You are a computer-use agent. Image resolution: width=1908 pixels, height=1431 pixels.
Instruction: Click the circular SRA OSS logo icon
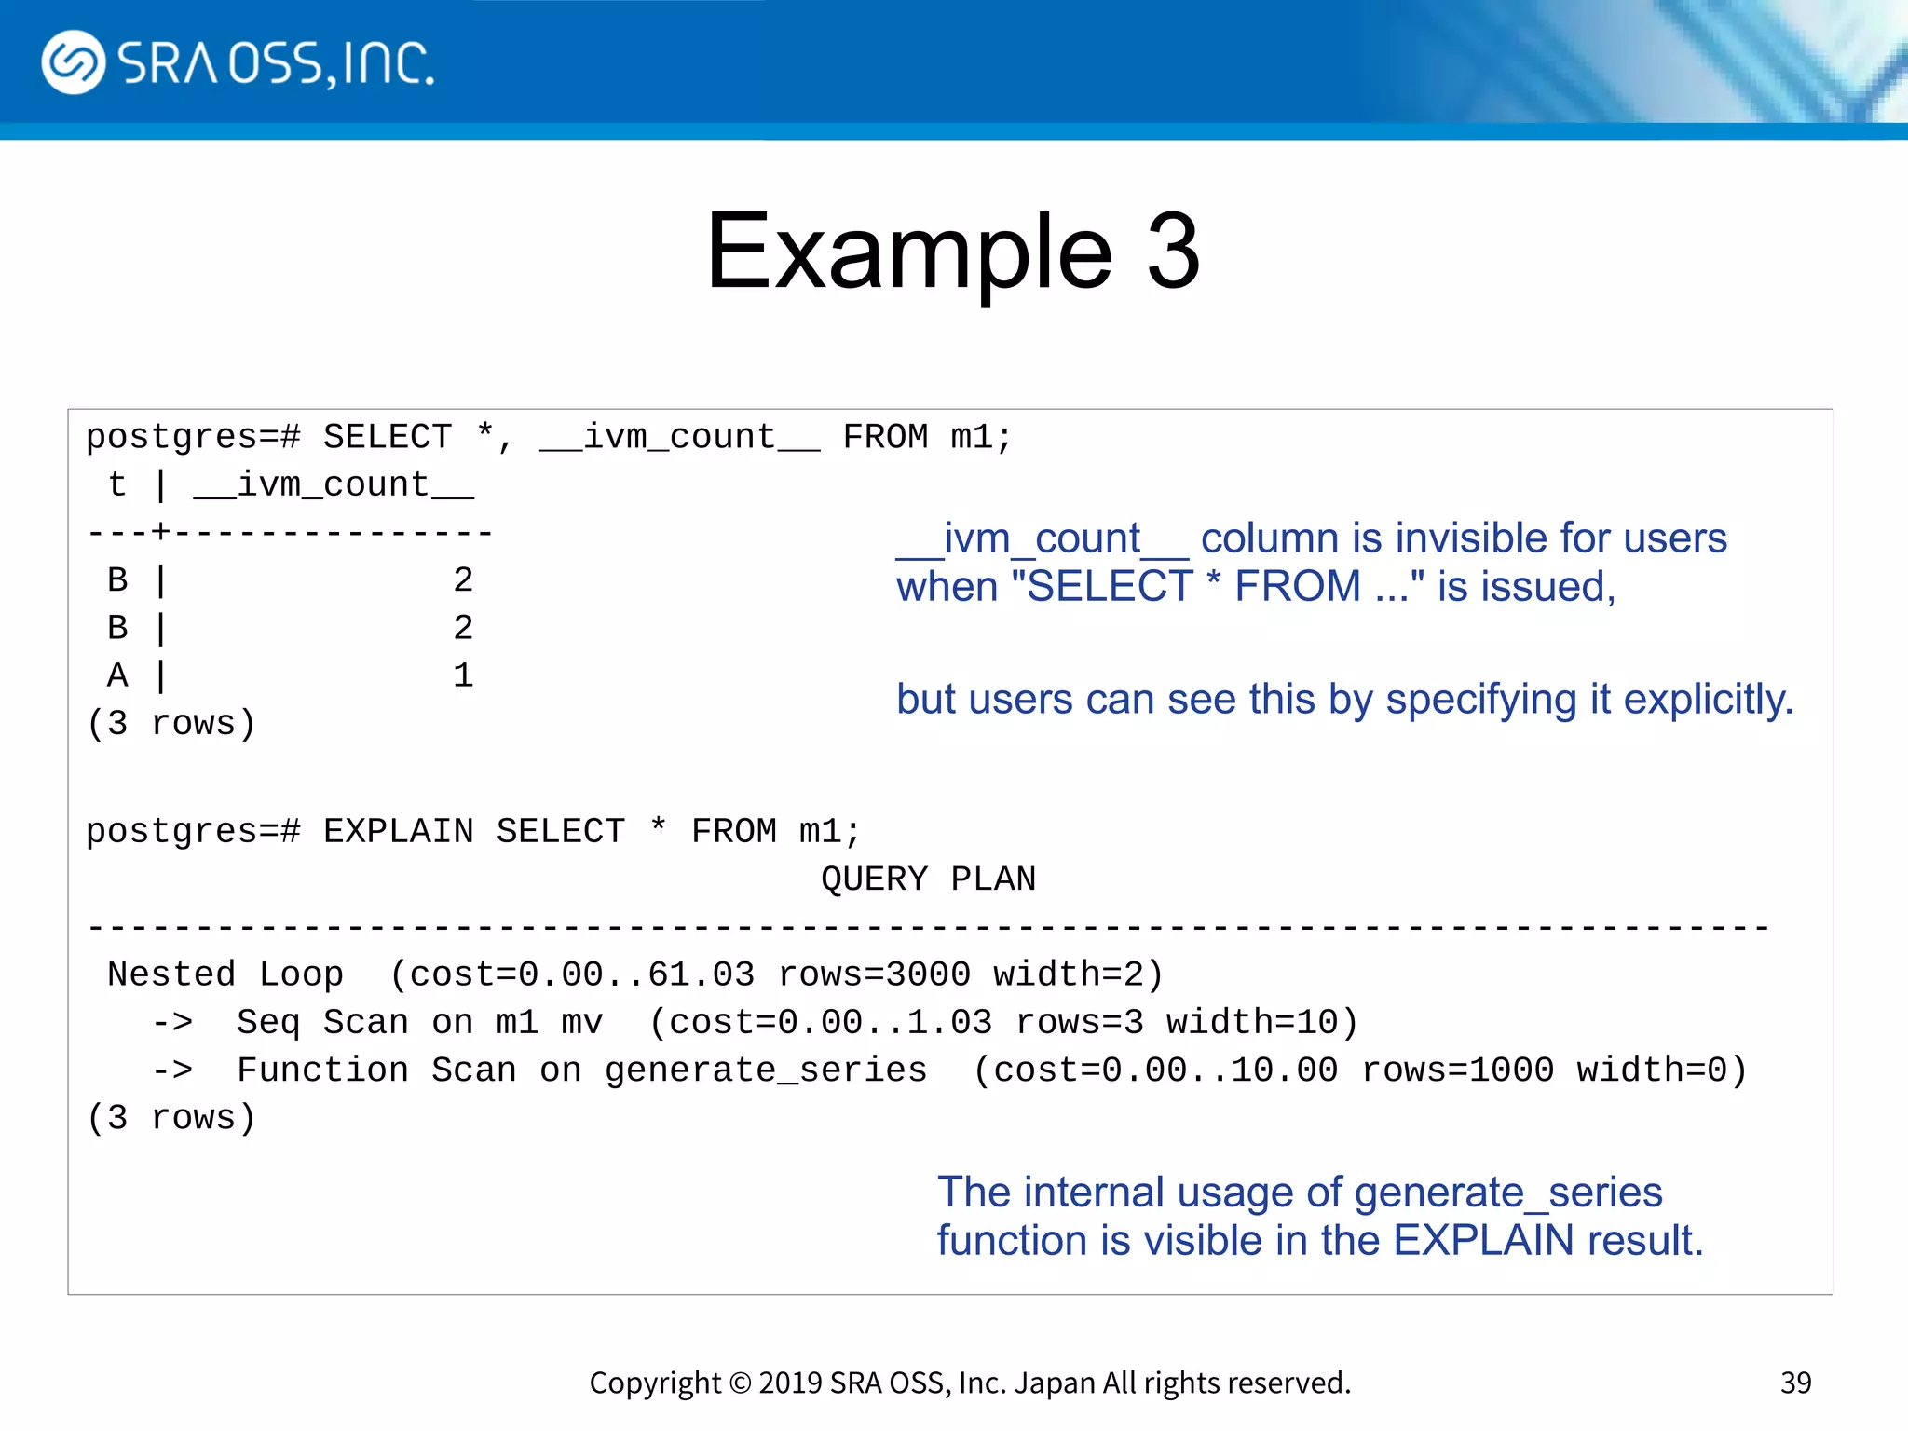74,62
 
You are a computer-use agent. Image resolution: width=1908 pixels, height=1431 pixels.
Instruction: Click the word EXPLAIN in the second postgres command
398,831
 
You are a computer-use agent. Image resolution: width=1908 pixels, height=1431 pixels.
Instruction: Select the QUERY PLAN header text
928,879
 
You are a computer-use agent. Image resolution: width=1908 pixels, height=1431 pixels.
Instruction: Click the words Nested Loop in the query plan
225,974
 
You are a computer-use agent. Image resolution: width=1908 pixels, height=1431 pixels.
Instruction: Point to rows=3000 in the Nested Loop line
874,974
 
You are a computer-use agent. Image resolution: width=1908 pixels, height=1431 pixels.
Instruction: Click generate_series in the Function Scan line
766,1070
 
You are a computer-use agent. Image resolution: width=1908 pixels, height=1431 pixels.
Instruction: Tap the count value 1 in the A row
463,675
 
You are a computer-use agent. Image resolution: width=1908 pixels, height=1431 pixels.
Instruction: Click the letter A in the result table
117,675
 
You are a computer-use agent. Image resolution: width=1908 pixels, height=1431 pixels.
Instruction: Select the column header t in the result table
117,485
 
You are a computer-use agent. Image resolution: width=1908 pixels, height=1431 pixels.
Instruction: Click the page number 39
1795,1383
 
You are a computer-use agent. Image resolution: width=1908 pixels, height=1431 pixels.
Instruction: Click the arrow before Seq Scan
173,1023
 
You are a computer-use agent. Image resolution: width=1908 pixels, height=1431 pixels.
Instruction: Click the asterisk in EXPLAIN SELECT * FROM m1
658,827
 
